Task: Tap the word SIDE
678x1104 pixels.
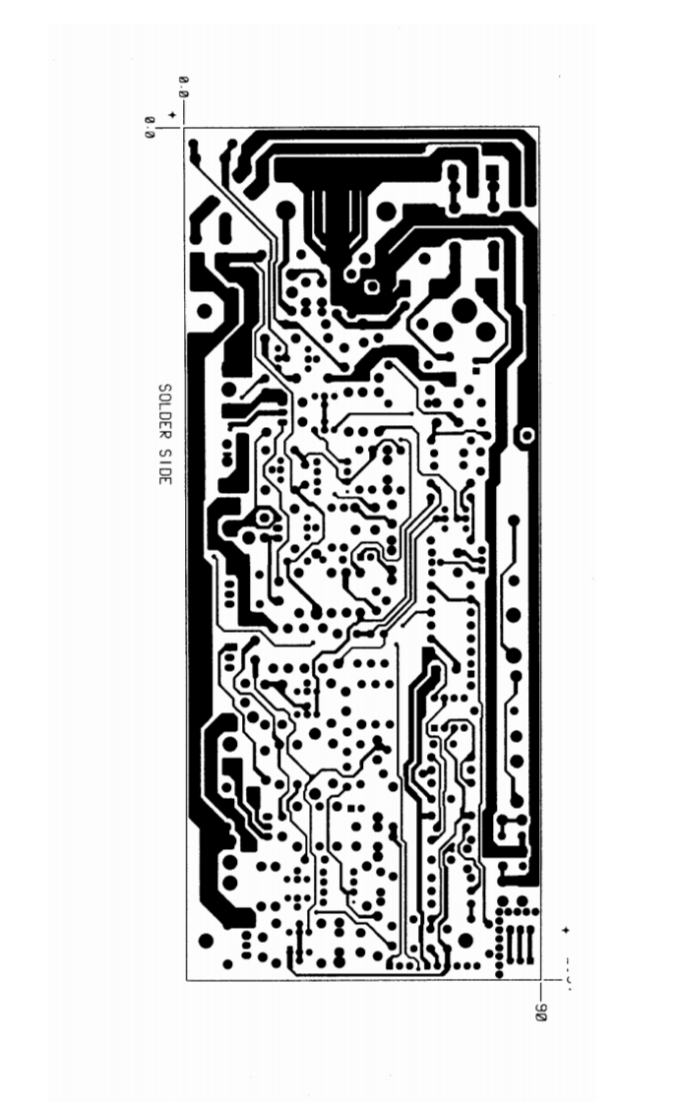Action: [x=165, y=465]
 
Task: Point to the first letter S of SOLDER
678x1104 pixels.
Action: [x=165, y=388]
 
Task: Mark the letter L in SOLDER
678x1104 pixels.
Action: [x=165, y=404]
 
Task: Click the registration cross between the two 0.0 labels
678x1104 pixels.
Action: [x=173, y=116]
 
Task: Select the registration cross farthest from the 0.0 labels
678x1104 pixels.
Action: [x=566, y=929]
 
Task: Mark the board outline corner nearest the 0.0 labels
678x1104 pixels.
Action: [x=185, y=127]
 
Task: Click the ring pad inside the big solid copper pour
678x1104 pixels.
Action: [x=372, y=286]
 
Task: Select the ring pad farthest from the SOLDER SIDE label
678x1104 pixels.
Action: [x=527, y=434]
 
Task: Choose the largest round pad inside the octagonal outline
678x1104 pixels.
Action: [x=463, y=312]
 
